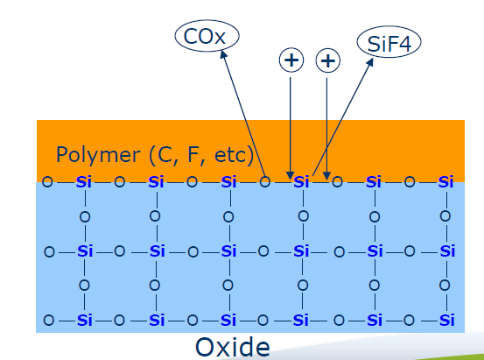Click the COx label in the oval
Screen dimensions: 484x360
pyautogui.click(x=204, y=37)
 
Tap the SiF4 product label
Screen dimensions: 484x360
pyautogui.click(x=389, y=43)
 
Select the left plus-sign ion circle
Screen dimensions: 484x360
pyautogui.click(x=291, y=60)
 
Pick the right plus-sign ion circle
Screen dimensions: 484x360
pyautogui.click(x=328, y=60)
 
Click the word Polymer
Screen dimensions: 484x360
pyautogui.click(x=98, y=155)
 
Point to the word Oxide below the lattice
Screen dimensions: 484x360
pyautogui.click(x=233, y=348)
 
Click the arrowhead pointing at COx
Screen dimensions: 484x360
pyautogui.click(x=223, y=54)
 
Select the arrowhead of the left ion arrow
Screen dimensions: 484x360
pyautogui.click(x=290, y=175)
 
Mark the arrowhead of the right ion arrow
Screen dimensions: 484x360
pyautogui.click(x=326, y=175)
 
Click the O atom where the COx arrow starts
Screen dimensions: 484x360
pyautogui.click(x=264, y=182)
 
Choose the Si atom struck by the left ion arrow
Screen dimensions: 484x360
pyautogui.click(x=301, y=182)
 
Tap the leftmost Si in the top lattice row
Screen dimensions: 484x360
pyautogui.click(x=84, y=182)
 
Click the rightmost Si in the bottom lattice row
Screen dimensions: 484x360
pyautogui.click(x=447, y=320)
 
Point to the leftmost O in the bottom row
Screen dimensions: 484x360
pyautogui.click(x=48, y=320)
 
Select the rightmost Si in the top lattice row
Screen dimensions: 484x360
pyautogui.click(x=445, y=182)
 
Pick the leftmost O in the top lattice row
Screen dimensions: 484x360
pyautogui.click(x=47, y=182)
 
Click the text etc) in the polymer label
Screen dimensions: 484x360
pyautogui.click(x=234, y=155)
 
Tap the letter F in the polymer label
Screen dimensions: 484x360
pyautogui.click(x=193, y=155)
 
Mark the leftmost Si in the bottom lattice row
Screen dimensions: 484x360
pyautogui.click(x=85, y=320)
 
